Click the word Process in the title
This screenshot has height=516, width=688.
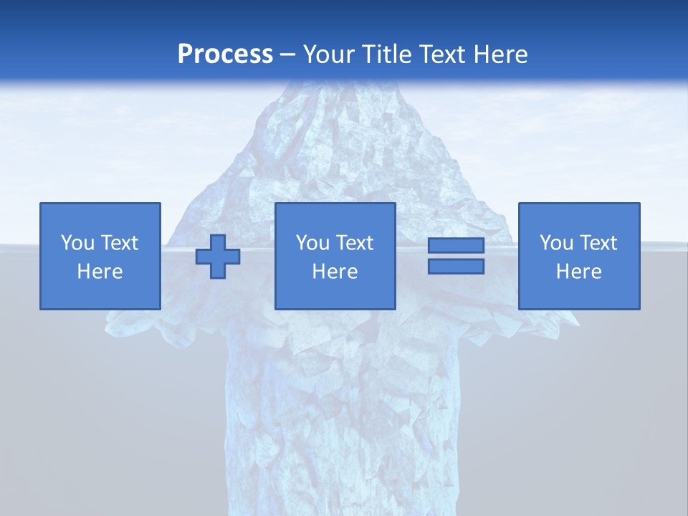point(225,54)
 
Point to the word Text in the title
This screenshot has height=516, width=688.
point(442,54)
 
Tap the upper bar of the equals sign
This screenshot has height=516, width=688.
point(456,246)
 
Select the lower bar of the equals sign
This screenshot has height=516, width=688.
point(456,267)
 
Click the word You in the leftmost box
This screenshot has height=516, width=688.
point(77,243)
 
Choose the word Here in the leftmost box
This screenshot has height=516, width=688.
point(100,272)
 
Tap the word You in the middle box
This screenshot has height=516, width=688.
point(312,243)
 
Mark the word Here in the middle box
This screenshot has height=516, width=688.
point(335,272)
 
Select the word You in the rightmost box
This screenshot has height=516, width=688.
point(556,243)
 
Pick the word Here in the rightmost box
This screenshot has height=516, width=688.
point(578,272)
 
